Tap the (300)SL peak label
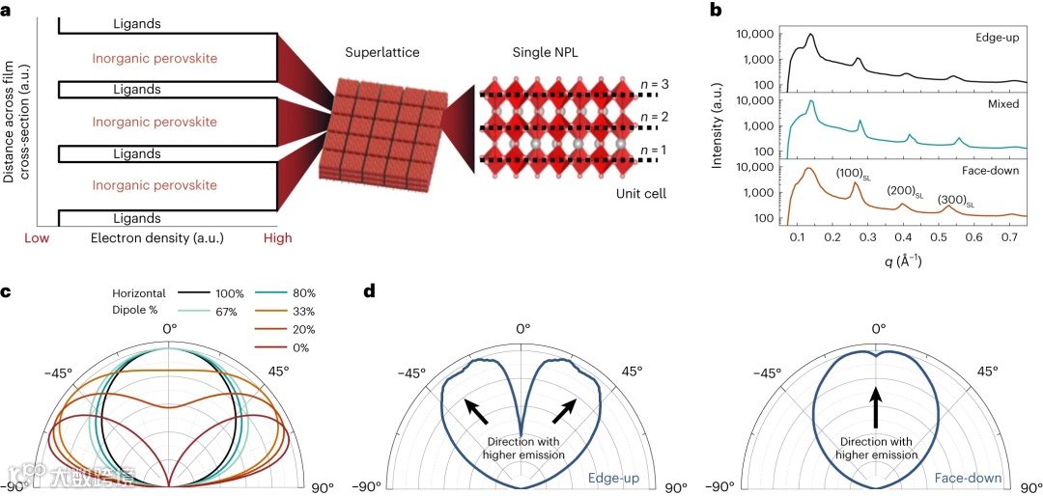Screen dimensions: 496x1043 coord(956,200)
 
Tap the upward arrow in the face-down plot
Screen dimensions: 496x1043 coord(877,405)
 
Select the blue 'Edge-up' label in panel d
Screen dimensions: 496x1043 coord(614,477)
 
